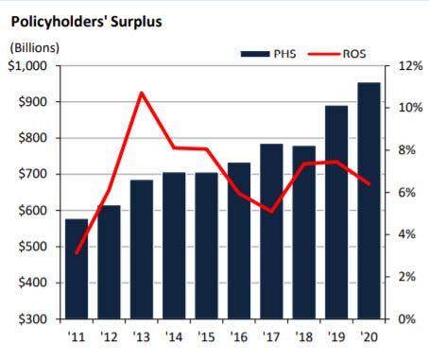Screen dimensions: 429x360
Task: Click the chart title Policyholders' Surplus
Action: point(86,22)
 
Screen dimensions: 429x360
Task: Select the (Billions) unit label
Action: point(35,48)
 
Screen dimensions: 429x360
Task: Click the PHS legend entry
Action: point(268,54)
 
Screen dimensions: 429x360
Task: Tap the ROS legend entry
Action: point(337,54)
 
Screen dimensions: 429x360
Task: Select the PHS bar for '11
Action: point(77,269)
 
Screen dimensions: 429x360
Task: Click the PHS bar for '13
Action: point(142,249)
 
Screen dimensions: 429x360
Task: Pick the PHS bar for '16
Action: point(239,241)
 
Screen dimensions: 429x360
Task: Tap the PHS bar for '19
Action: point(336,213)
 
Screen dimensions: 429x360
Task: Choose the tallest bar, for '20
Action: point(369,201)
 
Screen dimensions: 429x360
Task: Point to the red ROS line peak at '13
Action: point(142,93)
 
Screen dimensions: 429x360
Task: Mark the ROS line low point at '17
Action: point(271,212)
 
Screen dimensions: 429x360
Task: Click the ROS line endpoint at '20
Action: point(369,183)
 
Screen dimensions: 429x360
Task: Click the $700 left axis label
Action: point(33,174)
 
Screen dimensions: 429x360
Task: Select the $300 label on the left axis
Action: point(33,319)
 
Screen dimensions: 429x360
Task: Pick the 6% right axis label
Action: point(407,193)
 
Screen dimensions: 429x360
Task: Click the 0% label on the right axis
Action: point(407,319)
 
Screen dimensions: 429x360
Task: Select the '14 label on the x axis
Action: point(174,337)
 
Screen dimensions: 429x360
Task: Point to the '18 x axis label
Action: point(304,337)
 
